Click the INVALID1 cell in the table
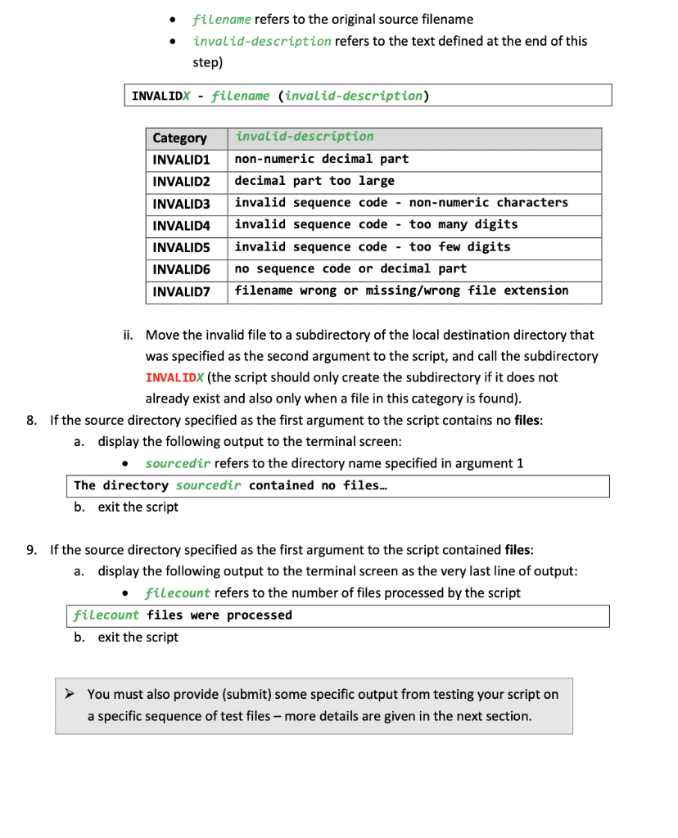(x=182, y=159)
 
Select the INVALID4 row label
(x=182, y=225)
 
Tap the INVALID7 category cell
(x=182, y=291)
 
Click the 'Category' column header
(x=180, y=137)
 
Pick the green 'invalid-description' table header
(x=304, y=137)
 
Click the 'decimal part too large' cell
(x=314, y=181)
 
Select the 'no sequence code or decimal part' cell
(x=350, y=268)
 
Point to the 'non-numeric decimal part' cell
(x=321, y=159)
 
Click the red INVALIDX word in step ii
(x=174, y=377)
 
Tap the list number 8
(x=31, y=421)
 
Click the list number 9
(x=31, y=550)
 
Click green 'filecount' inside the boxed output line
(x=106, y=615)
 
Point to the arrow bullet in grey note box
(x=72, y=695)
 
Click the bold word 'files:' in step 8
(x=528, y=421)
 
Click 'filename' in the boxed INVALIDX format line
(x=240, y=96)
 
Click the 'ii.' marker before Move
(x=129, y=335)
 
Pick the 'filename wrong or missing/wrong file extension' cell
(x=401, y=291)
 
